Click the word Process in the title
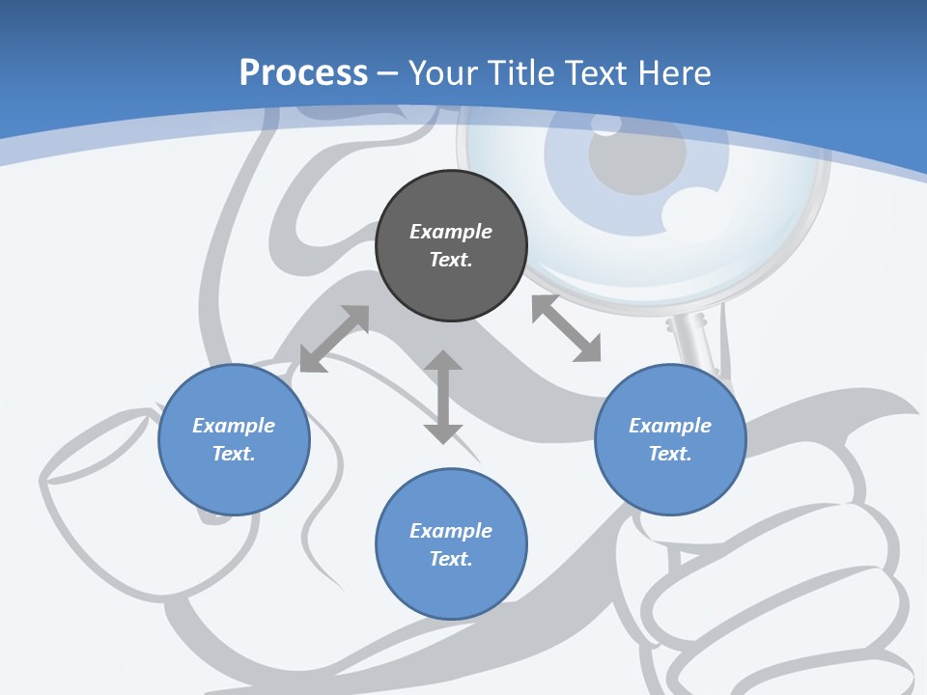point(303,73)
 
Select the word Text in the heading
point(594,73)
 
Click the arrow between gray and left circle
point(334,339)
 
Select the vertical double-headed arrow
point(443,397)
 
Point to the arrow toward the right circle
point(566,328)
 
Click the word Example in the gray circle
point(451,232)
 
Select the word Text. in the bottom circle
point(451,559)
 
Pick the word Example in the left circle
point(234,426)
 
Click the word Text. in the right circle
point(670,454)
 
